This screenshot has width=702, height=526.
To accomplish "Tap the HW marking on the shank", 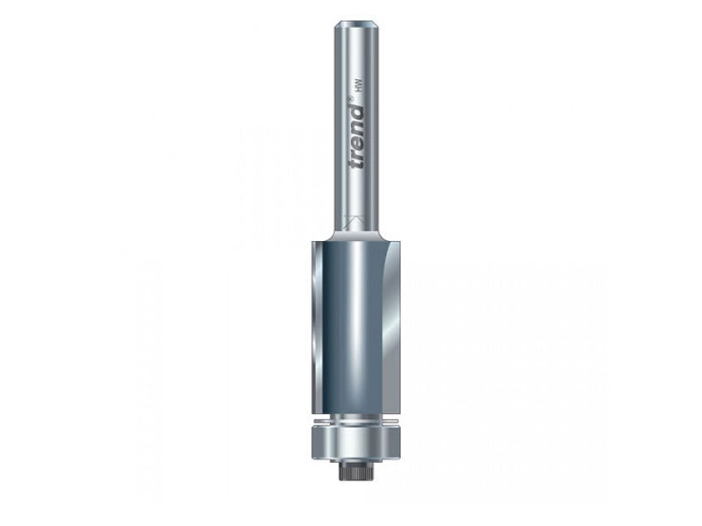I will click(x=360, y=86).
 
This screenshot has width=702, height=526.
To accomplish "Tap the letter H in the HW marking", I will click(x=360, y=89).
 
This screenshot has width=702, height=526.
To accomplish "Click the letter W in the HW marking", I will click(x=360, y=82).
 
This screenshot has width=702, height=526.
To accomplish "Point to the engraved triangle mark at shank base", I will click(x=350, y=220).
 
